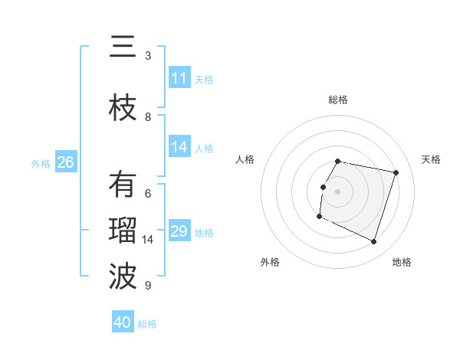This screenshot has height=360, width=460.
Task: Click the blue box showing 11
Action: pyautogui.click(x=179, y=78)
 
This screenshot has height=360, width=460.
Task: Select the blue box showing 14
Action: pyautogui.click(x=179, y=147)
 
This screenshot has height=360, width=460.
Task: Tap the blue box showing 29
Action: pyautogui.click(x=179, y=231)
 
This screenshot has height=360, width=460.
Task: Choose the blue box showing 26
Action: pyautogui.click(x=65, y=162)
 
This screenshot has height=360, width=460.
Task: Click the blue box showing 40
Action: pyautogui.click(x=123, y=322)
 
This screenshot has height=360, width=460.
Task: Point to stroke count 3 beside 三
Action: pyautogui.click(x=148, y=56)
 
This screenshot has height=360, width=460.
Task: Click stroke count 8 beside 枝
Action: pyautogui.click(x=148, y=117)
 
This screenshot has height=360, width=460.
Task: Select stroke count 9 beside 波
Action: pyautogui.click(x=148, y=286)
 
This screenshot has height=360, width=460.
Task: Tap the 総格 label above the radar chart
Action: pyautogui.click(x=337, y=100)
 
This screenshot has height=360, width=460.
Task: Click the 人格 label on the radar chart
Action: pyautogui.click(x=245, y=159)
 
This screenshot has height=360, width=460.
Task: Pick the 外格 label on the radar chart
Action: pyautogui.click(x=270, y=262)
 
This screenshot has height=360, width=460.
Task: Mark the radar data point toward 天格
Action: pyautogui.click(x=396, y=172)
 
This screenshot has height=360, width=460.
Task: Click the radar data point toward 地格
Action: pyautogui.click(x=374, y=242)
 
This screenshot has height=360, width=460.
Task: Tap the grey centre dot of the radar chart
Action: pyautogui.click(x=337, y=191)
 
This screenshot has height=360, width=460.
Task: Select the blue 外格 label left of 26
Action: pyautogui.click(x=40, y=163)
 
